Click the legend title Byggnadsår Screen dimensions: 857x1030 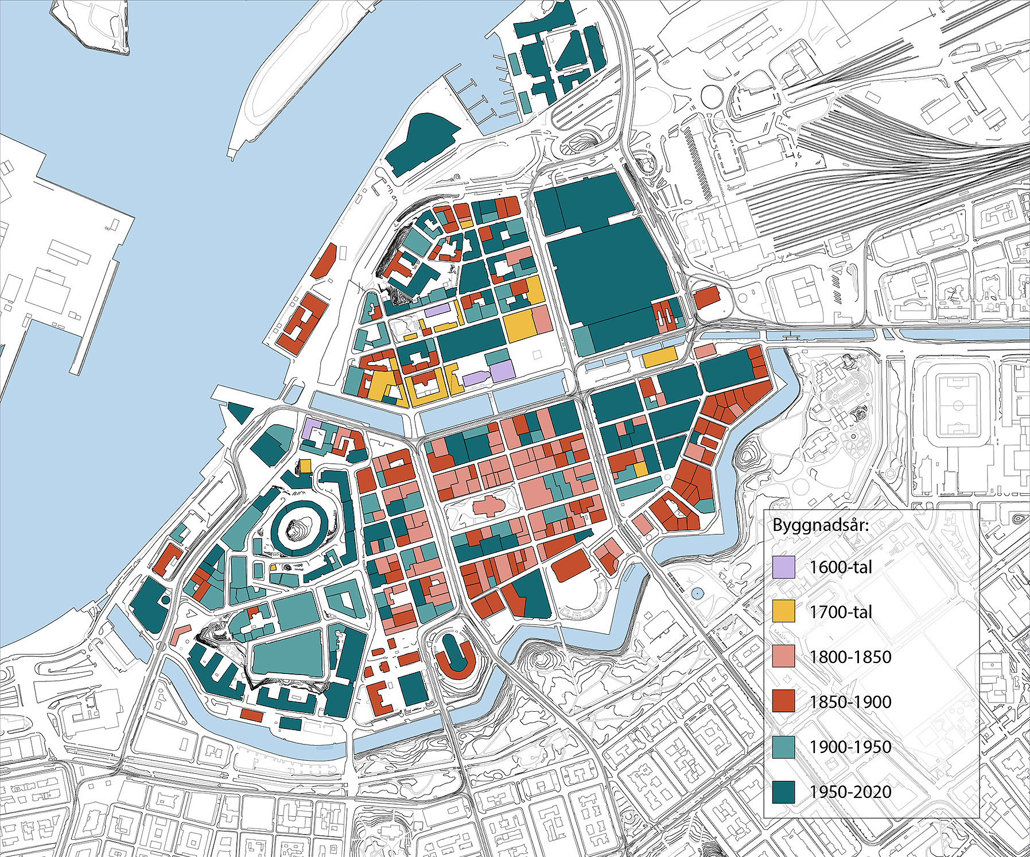click(x=821, y=525)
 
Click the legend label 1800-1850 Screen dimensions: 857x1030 click(x=850, y=657)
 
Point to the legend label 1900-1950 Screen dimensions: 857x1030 click(x=850, y=747)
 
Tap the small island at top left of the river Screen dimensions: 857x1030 click(x=92, y=23)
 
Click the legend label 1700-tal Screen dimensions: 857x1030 click(x=841, y=612)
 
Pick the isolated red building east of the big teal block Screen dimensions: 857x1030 click(x=706, y=297)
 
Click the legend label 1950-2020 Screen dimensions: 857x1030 click(x=850, y=792)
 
